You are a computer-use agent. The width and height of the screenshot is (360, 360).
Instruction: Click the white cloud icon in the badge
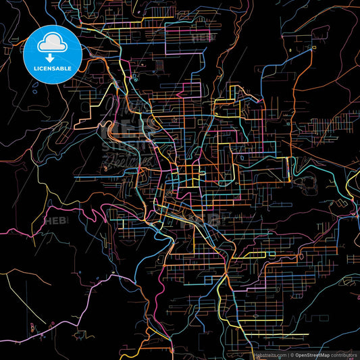point(53,44)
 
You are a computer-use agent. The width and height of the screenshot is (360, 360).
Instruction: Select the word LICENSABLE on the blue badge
point(52,68)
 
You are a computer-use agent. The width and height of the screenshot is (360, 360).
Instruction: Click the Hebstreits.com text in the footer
point(269,354)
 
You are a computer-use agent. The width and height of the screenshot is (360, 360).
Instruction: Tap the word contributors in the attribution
point(343,354)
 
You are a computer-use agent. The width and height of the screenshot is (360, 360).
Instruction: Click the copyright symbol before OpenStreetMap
point(292,354)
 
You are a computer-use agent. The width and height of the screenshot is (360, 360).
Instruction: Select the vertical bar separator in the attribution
point(288,354)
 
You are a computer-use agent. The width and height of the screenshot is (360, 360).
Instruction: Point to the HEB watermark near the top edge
point(200,38)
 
